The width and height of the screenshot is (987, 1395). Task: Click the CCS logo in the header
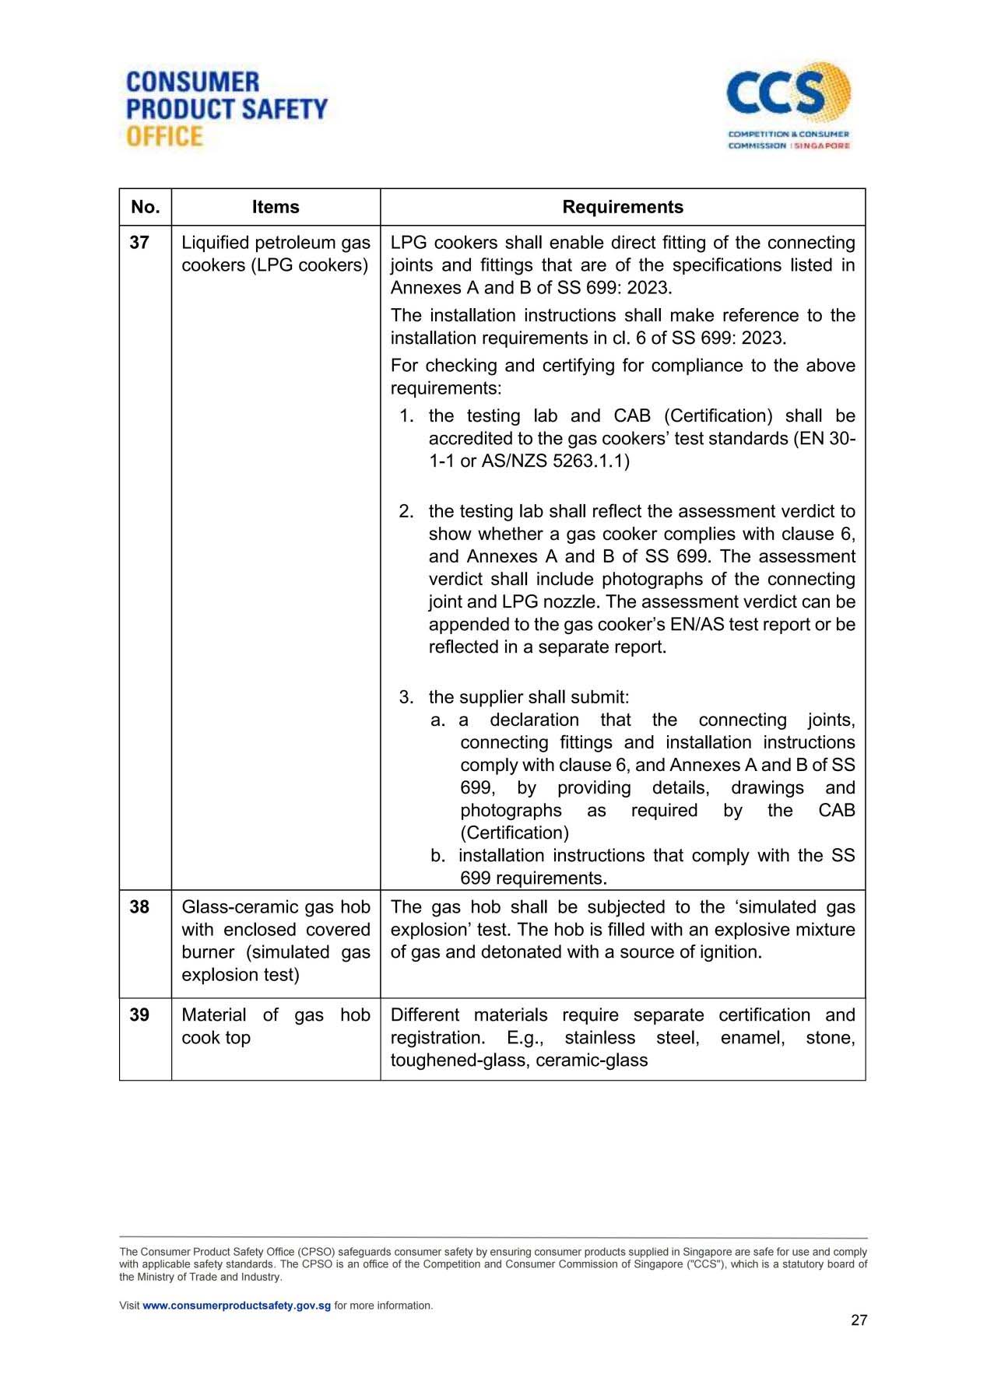pyautogui.click(x=788, y=105)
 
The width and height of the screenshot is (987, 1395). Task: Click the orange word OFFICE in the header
pyautogui.click(x=164, y=137)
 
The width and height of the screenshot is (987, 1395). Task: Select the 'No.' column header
pyautogui.click(x=146, y=207)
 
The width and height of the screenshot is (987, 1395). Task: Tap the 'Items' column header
pyautogui.click(x=276, y=207)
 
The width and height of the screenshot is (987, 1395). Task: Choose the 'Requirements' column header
pyautogui.click(x=623, y=207)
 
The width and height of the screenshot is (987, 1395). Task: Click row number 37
pyautogui.click(x=139, y=243)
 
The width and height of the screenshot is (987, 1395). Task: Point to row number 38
pyautogui.click(x=139, y=907)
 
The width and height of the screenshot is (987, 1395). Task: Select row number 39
pyautogui.click(x=139, y=1015)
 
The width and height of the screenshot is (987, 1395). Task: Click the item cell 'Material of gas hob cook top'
pyautogui.click(x=276, y=1026)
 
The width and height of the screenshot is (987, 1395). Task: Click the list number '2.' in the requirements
pyautogui.click(x=406, y=511)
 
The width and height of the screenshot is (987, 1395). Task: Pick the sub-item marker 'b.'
pyautogui.click(x=438, y=856)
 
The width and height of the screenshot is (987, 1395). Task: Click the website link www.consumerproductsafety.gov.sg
pyautogui.click(x=237, y=1306)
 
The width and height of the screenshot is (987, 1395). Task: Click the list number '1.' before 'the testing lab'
pyautogui.click(x=406, y=416)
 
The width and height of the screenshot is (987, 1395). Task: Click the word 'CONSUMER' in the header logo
pyautogui.click(x=192, y=82)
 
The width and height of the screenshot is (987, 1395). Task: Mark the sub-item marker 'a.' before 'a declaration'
pyautogui.click(x=438, y=720)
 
